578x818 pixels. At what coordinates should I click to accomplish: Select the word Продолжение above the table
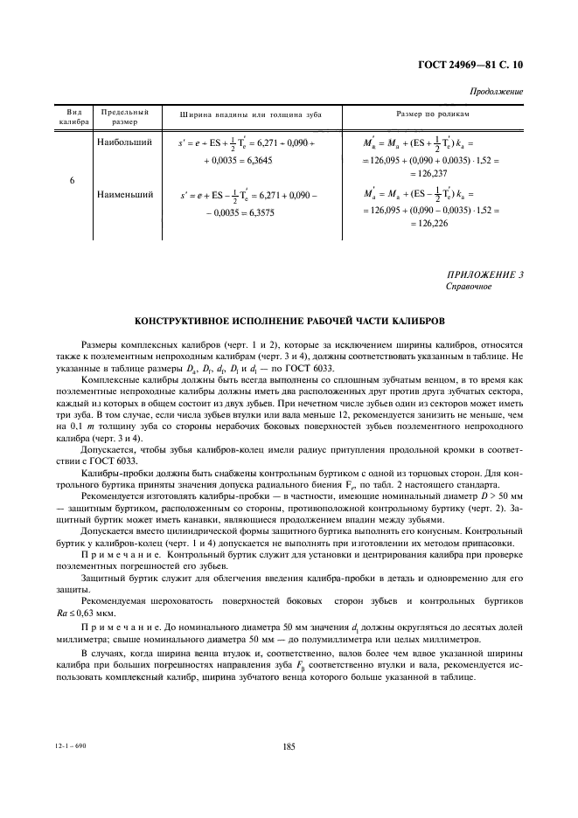(496, 92)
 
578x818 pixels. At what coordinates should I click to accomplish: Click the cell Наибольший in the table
(125, 141)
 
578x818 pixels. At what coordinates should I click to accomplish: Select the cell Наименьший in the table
(125, 194)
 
